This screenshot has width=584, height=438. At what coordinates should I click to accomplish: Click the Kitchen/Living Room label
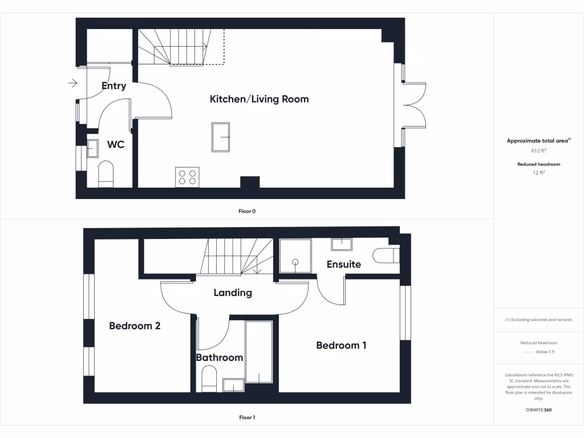(259, 99)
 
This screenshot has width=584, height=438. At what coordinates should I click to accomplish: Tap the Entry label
(113, 86)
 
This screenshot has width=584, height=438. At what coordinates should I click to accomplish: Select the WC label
(116, 145)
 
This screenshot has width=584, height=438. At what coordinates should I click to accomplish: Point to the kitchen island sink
(221, 137)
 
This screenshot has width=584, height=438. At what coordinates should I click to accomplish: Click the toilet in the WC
(107, 174)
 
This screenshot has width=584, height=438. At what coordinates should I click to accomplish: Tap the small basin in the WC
(93, 149)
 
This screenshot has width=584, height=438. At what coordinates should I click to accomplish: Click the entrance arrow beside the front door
(72, 84)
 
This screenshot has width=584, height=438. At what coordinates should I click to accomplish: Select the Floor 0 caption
(247, 211)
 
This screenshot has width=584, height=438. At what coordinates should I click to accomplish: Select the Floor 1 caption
(247, 417)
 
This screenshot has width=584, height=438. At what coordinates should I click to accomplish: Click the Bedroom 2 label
(135, 326)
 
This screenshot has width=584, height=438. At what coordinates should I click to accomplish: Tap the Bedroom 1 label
(341, 345)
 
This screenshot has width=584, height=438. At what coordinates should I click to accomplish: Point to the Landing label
(233, 293)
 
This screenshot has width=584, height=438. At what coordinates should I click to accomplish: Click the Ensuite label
(343, 264)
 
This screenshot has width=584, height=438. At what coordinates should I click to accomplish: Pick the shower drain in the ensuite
(295, 262)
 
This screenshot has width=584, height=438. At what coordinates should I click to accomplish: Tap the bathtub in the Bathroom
(259, 352)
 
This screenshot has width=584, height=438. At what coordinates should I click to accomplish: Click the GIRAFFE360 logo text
(539, 410)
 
